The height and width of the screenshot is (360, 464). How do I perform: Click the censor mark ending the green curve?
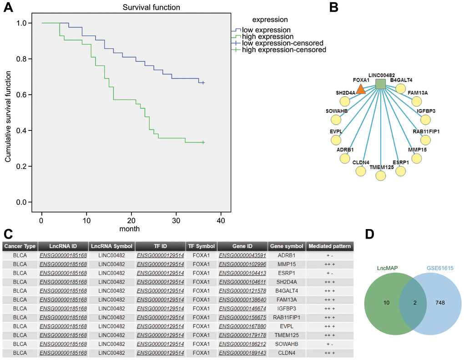(x=203, y=142)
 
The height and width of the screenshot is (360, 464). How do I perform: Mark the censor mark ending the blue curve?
(x=203, y=83)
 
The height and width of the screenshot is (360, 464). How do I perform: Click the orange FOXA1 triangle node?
(x=361, y=89)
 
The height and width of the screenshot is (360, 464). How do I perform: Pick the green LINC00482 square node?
(x=380, y=84)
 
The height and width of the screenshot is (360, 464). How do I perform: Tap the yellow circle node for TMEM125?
(x=380, y=175)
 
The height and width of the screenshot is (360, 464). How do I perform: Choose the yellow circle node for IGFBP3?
(x=425, y=120)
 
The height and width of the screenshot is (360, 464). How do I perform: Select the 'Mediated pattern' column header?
(x=330, y=246)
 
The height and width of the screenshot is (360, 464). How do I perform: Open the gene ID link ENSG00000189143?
(x=242, y=353)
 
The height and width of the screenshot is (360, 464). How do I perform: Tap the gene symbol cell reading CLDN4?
(x=287, y=353)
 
